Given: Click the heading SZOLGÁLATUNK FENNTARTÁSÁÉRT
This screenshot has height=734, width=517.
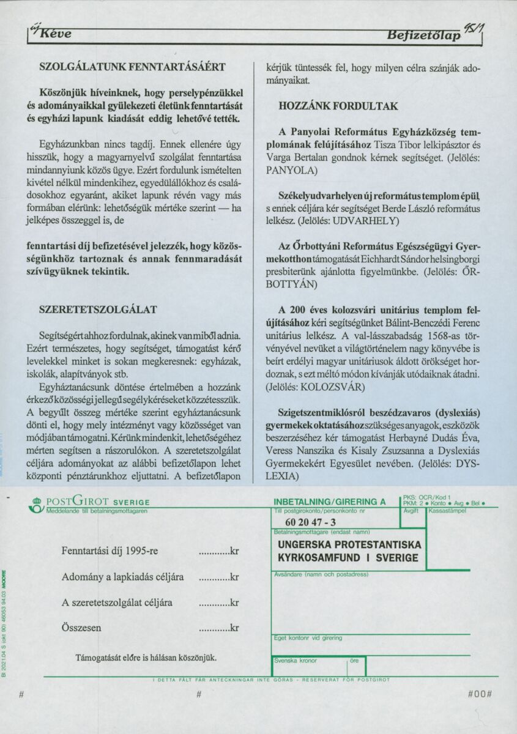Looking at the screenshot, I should pos(132,66).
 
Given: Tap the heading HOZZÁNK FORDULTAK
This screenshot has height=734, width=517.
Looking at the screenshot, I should pos(338,106).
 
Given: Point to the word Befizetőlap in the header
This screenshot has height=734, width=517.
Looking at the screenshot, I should pos(423,37).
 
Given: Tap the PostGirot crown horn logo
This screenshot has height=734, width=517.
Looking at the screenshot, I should pos(37,505).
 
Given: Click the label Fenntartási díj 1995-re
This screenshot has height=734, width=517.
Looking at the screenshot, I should pos(110,550).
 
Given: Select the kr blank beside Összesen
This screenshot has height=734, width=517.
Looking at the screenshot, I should pos(218,628).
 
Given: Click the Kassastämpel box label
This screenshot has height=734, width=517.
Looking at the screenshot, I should pos(448,510).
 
